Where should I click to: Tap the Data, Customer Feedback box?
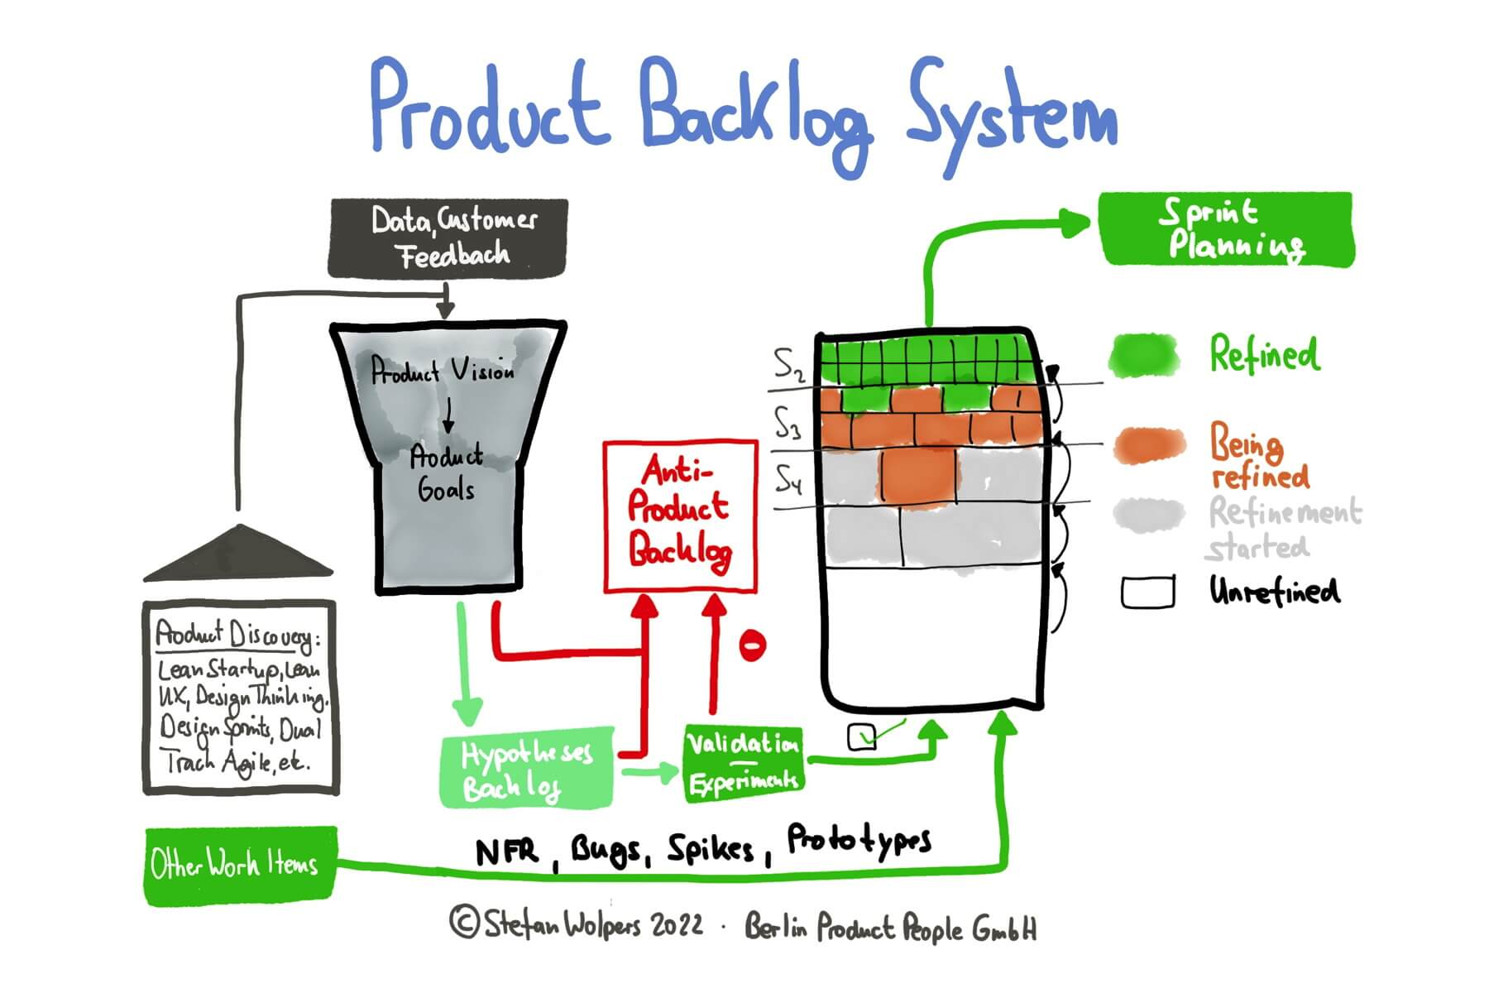coord(448,237)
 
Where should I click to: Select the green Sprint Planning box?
coord(1226,229)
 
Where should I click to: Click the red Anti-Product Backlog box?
coord(680,516)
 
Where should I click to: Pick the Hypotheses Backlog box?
coord(527,768)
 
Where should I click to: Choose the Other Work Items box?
coord(240,865)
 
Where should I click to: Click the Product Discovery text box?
coord(241,698)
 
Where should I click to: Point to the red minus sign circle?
coord(752,645)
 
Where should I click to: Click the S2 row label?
coord(789,364)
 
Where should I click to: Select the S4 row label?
coord(788,478)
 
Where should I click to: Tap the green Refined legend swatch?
coord(1144,356)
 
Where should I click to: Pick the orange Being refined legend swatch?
coord(1149,446)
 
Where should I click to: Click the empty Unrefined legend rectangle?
coord(1147,592)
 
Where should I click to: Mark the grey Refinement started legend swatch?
coord(1149,514)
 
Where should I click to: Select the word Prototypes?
coord(859,841)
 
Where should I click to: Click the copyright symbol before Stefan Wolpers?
coord(465,921)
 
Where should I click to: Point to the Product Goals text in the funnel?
coord(447,473)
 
